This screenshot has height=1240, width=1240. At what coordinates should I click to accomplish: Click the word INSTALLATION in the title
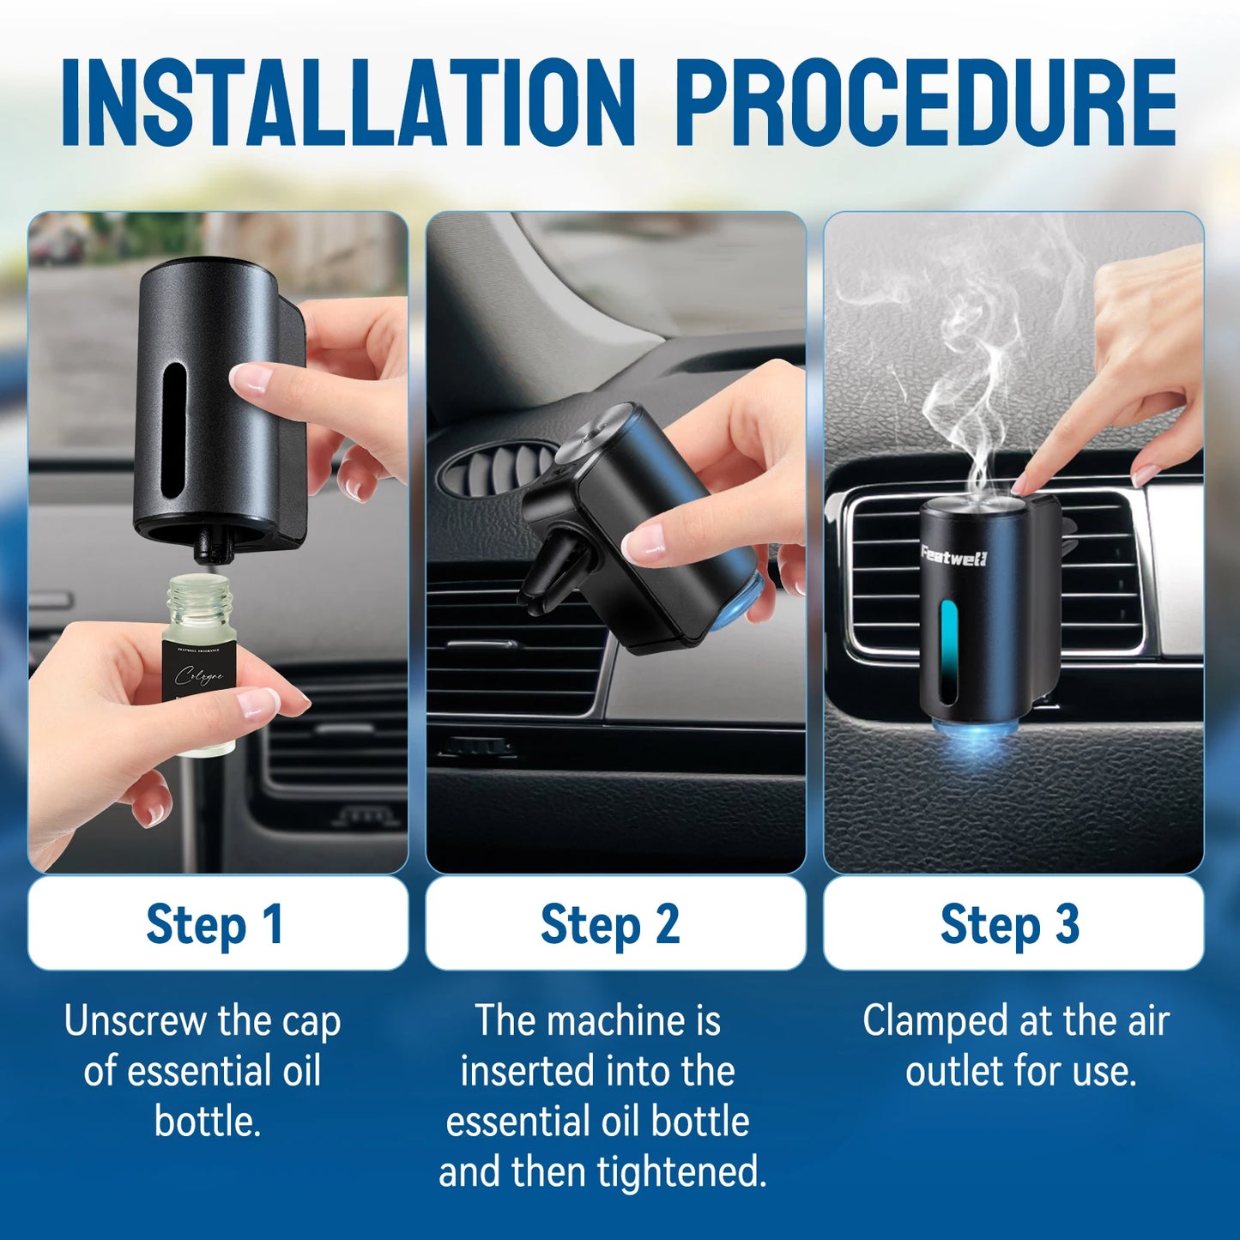(348, 103)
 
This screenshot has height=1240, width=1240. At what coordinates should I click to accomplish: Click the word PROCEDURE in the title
(926, 103)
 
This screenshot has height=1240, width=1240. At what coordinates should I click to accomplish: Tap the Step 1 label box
(217, 924)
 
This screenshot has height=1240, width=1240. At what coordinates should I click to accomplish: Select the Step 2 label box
(614, 924)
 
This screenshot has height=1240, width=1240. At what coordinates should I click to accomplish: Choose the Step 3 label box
(1013, 924)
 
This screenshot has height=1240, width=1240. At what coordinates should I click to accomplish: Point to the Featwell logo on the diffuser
(953, 556)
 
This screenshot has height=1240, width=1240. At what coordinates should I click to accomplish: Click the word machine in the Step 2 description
(616, 1021)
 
